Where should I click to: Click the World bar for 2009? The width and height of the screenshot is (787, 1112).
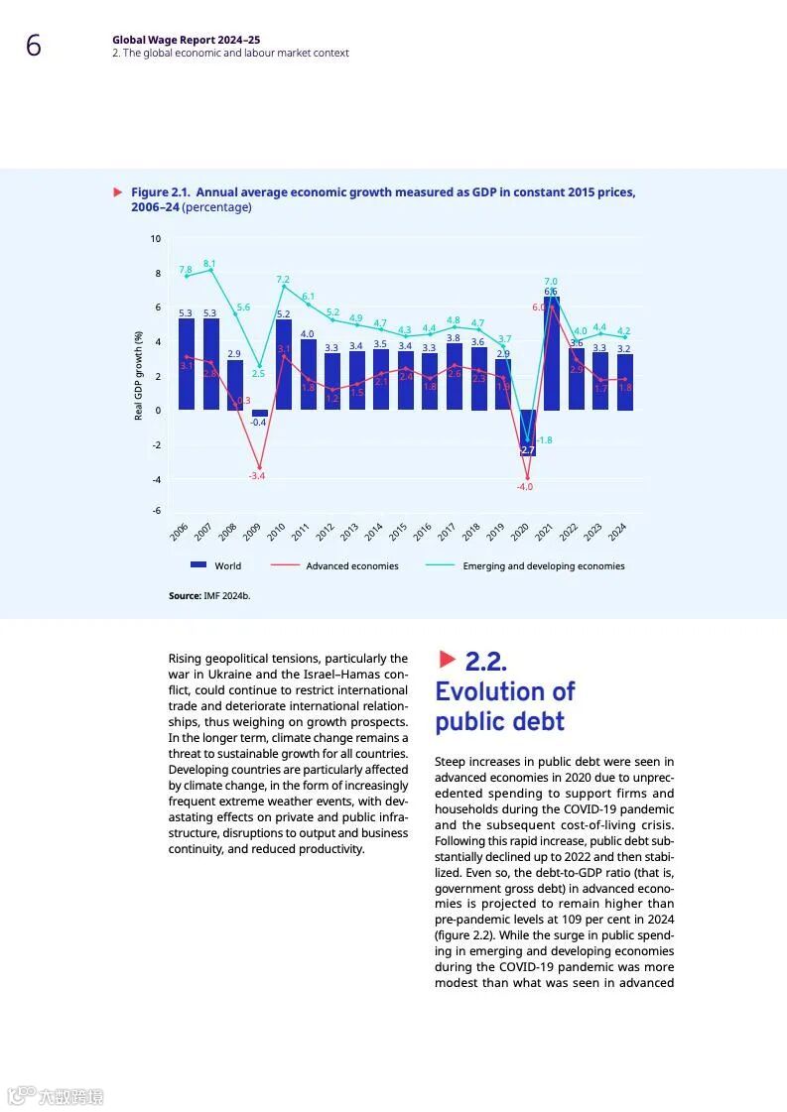(x=259, y=414)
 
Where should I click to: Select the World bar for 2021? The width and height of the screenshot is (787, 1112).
(x=552, y=352)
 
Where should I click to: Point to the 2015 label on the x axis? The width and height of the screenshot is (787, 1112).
(x=398, y=532)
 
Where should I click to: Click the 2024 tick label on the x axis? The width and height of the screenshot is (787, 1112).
(x=617, y=532)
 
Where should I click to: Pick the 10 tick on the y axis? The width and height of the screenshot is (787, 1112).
(x=155, y=239)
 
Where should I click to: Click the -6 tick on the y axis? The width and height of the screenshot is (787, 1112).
(x=155, y=510)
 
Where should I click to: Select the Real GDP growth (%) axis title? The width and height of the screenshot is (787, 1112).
(x=139, y=376)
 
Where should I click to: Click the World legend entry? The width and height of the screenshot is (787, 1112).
(x=215, y=566)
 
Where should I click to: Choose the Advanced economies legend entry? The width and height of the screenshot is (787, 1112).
(x=334, y=566)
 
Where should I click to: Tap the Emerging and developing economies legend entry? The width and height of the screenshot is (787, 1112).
(x=526, y=566)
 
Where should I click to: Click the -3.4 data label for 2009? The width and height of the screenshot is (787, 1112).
(x=257, y=476)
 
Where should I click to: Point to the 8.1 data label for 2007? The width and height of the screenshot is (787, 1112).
(x=209, y=264)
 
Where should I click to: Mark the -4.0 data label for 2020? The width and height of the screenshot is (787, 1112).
(x=524, y=487)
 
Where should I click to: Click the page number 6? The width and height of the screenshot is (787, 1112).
(x=34, y=46)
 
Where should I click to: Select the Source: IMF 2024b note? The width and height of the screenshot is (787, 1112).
(x=209, y=596)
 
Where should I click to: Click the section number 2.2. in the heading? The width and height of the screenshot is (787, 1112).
(x=485, y=661)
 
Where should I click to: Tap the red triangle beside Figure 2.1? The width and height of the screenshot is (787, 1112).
(x=118, y=191)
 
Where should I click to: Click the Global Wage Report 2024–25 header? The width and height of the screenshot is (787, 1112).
(x=187, y=41)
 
